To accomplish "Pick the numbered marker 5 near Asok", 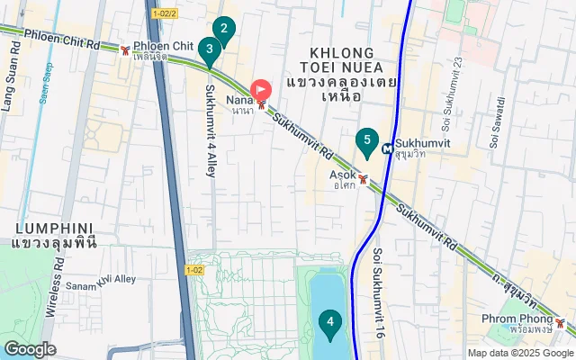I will click(365, 140).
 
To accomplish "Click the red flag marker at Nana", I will click(261, 89).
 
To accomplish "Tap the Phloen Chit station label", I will click(163, 46).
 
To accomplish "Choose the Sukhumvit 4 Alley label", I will click(211, 130).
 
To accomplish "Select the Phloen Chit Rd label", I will click(60, 39).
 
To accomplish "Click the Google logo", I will click(30, 349).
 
